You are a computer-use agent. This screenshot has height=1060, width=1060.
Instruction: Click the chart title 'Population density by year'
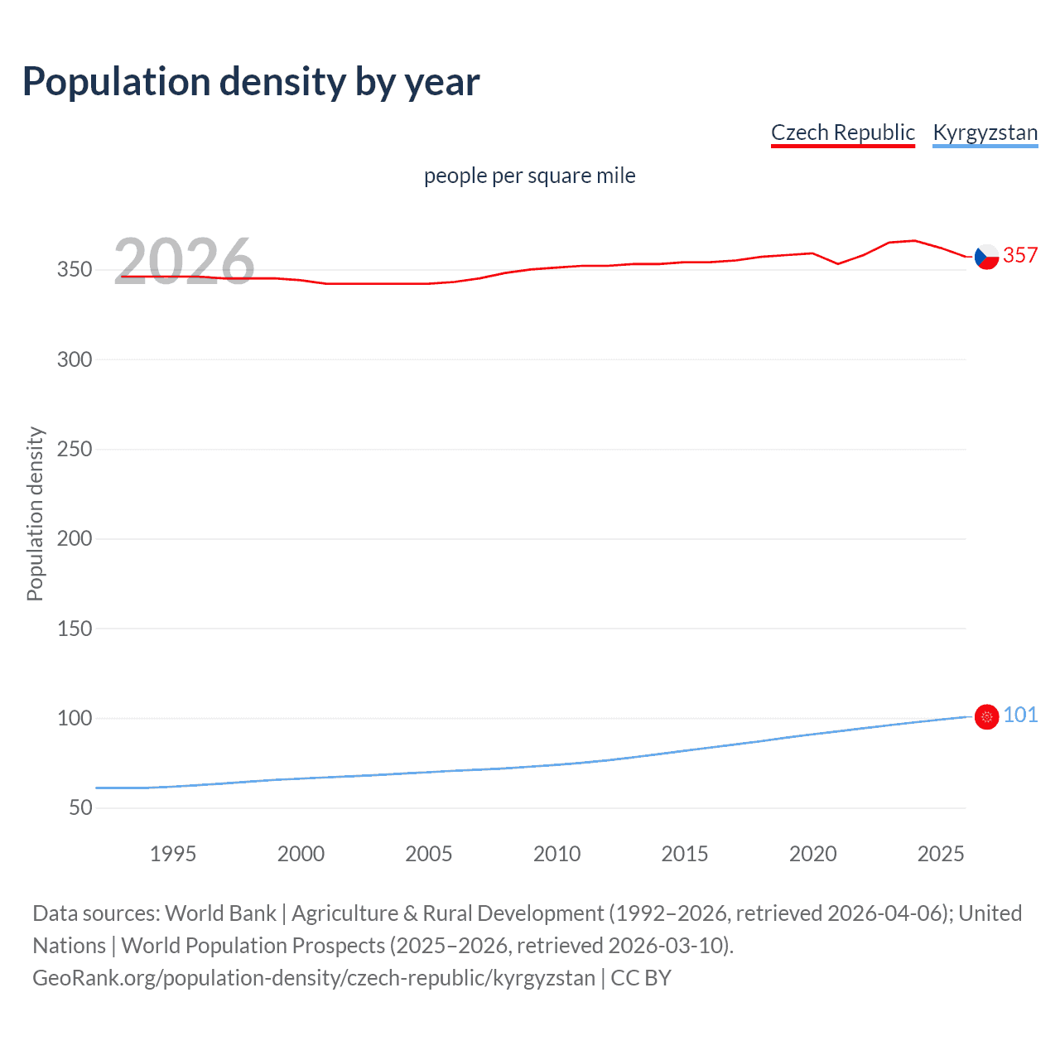[x=251, y=82]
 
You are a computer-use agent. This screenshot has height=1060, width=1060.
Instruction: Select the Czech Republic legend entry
[x=842, y=132]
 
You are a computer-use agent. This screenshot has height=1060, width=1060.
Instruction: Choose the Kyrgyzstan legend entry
[x=985, y=132]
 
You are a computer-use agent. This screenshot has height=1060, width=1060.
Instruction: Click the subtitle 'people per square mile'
[x=529, y=176]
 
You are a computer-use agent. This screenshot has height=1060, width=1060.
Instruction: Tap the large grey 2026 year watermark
[x=184, y=262]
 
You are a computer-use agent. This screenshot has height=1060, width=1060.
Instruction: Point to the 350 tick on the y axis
[x=75, y=270]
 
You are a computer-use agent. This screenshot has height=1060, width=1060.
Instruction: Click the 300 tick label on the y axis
[x=75, y=359]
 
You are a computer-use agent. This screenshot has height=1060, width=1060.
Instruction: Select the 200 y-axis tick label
[x=75, y=539]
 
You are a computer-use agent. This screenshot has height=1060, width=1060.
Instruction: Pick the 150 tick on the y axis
[x=75, y=629]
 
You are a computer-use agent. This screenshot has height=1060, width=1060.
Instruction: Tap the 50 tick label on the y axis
[x=80, y=807]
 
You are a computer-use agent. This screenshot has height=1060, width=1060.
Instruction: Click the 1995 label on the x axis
[x=172, y=854]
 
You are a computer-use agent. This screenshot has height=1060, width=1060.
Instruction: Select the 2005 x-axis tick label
[x=428, y=854]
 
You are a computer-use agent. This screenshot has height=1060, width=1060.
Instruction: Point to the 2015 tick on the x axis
[x=684, y=854]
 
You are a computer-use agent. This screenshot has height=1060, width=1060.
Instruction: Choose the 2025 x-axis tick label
[x=940, y=854]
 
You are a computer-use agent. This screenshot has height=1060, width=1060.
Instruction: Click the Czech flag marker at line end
[x=986, y=257]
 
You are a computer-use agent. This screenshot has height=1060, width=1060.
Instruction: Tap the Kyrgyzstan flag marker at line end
[x=986, y=716]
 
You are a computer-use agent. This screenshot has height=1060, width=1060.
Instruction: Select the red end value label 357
[x=1020, y=255]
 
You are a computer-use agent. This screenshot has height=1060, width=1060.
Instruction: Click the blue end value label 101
[x=1020, y=715]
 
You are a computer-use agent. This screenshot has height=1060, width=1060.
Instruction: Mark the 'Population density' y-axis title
[x=35, y=513]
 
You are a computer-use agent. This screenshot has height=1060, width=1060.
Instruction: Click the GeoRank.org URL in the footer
[x=314, y=978]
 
